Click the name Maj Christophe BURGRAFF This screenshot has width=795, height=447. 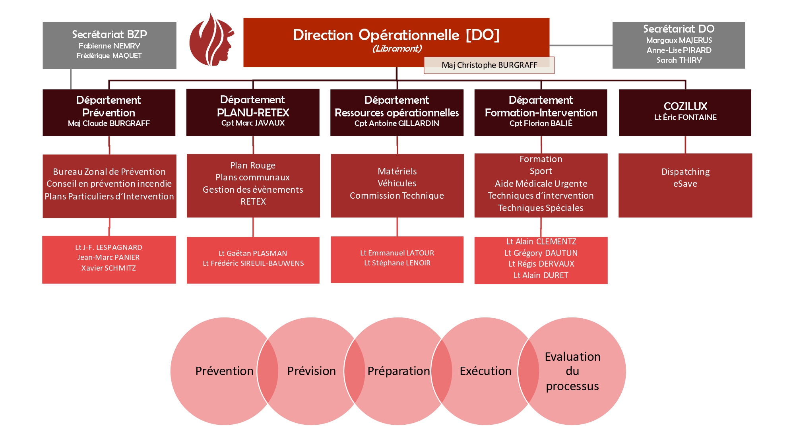[489, 65]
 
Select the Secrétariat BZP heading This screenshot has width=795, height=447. [109, 34]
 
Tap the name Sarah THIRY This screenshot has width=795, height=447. [679, 60]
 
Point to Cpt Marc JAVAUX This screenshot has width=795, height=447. [253, 123]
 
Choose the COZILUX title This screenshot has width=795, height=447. [685, 106]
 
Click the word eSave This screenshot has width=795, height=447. [685, 184]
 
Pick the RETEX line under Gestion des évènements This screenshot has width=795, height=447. [253, 201]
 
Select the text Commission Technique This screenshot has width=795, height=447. [397, 195]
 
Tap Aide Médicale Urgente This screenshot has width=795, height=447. [541, 184]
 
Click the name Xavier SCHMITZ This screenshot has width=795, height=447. [109, 268]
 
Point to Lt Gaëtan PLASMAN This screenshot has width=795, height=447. [253, 253]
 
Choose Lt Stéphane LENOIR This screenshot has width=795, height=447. [397, 263]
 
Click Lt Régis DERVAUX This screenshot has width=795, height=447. [541, 264]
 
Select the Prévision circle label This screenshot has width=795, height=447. [311, 371]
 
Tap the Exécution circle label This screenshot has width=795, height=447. [485, 371]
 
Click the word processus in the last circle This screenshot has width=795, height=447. [572, 386]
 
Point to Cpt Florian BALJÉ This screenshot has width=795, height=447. [541, 123]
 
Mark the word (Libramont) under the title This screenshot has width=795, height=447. [397, 49]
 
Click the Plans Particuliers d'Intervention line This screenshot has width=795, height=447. [109, 196]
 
